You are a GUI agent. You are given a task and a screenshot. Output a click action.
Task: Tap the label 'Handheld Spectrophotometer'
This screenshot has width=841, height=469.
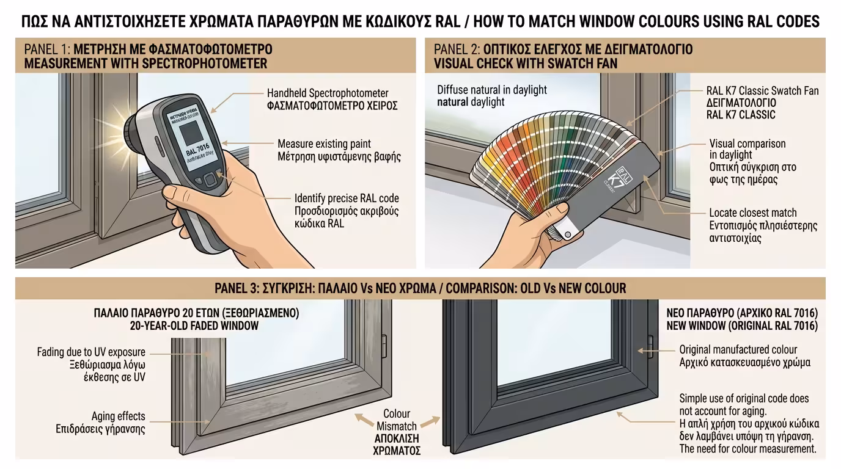[x=328, y=93]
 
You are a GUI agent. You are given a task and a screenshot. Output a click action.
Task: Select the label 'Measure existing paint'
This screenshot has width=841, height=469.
[x=324, y=144]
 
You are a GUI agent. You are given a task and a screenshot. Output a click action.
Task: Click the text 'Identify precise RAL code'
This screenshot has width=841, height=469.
[x=347, y=198]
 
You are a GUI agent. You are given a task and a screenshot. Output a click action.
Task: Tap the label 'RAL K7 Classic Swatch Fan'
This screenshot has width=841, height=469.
[x=762, y=91]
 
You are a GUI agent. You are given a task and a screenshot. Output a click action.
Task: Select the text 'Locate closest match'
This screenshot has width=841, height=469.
[x=753, y=213]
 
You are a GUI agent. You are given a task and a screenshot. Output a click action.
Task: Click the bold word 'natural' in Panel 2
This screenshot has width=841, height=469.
[x=453, y=102]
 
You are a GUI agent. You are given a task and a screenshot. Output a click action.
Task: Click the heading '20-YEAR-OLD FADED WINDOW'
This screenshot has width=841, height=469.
[x=194, y=326]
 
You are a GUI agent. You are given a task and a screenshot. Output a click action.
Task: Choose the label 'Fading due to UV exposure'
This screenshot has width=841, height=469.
[x=91, y=352]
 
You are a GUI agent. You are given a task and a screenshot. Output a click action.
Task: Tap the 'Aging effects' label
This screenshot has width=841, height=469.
[x=119, y=416]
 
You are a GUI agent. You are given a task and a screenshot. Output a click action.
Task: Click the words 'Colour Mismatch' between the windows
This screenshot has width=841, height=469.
[x=397, y=420]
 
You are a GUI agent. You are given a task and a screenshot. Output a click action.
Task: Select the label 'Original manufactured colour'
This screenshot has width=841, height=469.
[x=738, y=350]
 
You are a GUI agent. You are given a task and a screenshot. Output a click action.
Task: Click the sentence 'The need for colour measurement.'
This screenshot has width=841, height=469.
[x=747, y=449]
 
